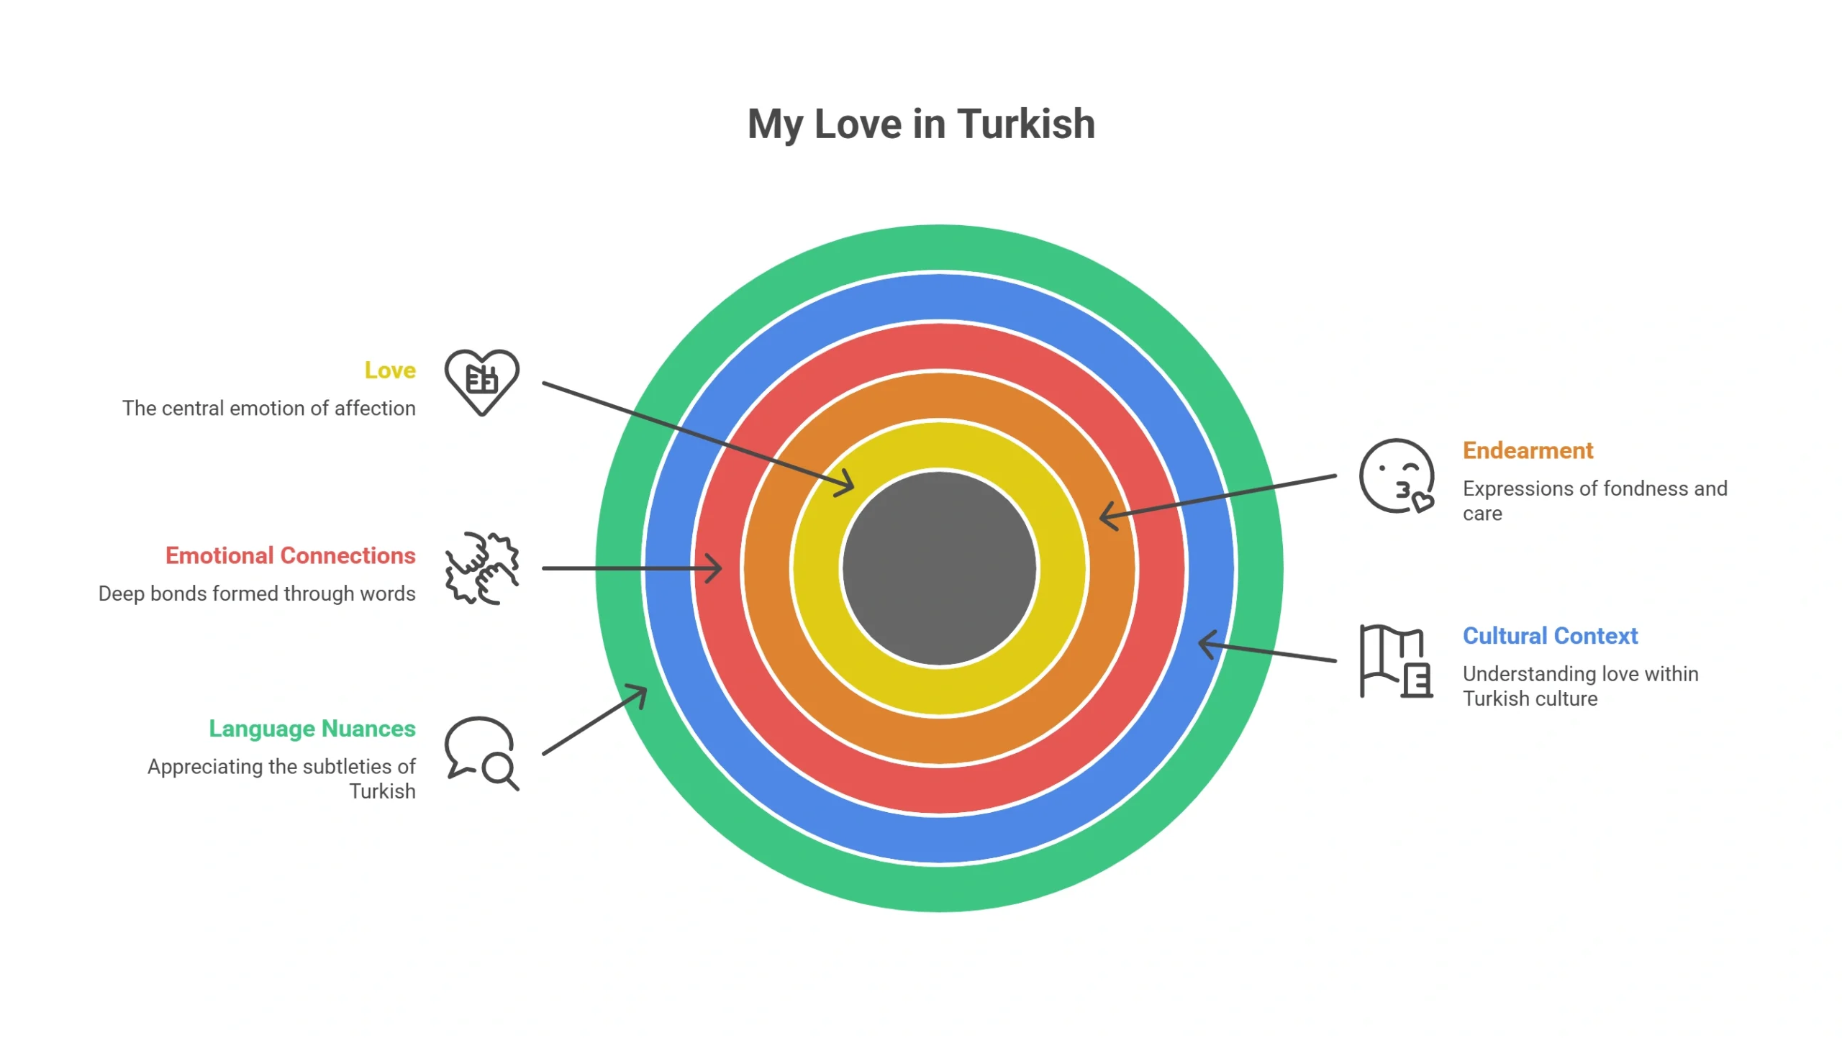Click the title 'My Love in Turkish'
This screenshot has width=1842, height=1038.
(x=921, y=124)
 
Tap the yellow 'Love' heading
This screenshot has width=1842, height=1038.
(x=390, y=370)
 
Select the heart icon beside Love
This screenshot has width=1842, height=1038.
(x=481, y=382)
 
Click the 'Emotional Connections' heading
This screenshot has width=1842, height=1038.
(x=291, y=555)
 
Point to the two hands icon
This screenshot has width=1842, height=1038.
(x=481, y=568)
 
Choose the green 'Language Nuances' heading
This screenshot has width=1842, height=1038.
(x=312, y=729)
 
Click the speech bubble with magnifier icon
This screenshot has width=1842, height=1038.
(x=481, y=753)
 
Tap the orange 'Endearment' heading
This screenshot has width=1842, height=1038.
(x=1528, y=450)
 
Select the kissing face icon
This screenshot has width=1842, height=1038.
(x=1396, y=476)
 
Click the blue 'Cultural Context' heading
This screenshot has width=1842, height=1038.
(x=1550, y=636)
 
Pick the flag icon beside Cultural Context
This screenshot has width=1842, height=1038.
(x=1396, y=661)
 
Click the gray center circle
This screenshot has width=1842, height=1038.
(x=939, y=568)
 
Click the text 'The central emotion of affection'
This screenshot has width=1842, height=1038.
(x=269, y=409)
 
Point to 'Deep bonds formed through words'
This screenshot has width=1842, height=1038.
(x=257, y=593)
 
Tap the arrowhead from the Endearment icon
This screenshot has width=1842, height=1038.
(x=1109, y=516)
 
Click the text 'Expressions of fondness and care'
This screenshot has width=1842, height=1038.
(x=1594, y=501)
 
